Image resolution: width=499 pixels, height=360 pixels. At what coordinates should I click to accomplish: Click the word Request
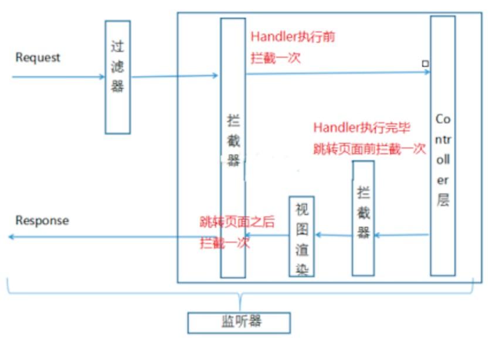click(38, 57)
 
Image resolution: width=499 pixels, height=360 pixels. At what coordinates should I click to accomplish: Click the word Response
click(42, 220)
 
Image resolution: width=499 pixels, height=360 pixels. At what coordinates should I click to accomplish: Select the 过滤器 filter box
click(117, 77)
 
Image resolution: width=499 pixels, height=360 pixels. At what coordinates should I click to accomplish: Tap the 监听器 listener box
click(239, 322)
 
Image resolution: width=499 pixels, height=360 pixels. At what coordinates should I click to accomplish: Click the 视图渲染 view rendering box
click(301, 236)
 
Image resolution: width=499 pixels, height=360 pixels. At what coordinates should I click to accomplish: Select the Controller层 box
click(443, 145)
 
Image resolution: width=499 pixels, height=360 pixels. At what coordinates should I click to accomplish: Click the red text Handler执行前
click(293, 36)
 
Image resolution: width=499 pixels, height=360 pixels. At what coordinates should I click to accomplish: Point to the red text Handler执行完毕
click(361, 128)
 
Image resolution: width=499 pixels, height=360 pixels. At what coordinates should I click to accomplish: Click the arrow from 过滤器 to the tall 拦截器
click(174, 76)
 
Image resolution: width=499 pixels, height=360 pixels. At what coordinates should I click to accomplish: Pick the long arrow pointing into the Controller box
click(337, 73)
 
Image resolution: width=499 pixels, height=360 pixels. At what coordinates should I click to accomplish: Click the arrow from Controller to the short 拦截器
click(402, 235)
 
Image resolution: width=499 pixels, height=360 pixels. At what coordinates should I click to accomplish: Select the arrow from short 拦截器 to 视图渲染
click(334, 235)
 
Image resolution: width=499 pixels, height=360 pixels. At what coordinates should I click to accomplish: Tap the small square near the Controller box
click(425, 63)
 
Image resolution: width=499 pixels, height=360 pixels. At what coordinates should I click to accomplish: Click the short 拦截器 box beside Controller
click(363, 218)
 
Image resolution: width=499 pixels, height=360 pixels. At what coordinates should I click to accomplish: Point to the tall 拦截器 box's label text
click(233, 141)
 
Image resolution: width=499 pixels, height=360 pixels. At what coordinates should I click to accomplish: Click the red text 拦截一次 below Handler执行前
click(276, 59)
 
